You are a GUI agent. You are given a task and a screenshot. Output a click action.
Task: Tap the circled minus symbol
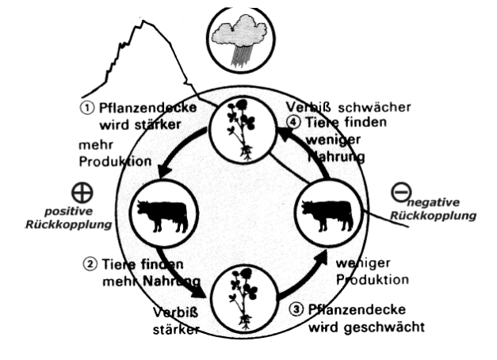pyautogui.click(x=402, y=193)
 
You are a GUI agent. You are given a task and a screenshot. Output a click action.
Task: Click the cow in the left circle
pyautogui.click(x=162, y=214)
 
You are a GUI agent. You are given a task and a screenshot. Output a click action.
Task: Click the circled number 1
pyautogui.click(x=86, y=109)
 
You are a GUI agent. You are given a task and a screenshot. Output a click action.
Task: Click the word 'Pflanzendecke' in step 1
pyautogui.click(x=142, y=109)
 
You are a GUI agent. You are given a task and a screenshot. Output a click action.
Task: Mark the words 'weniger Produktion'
pyautogui.click(x=371, y=270)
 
